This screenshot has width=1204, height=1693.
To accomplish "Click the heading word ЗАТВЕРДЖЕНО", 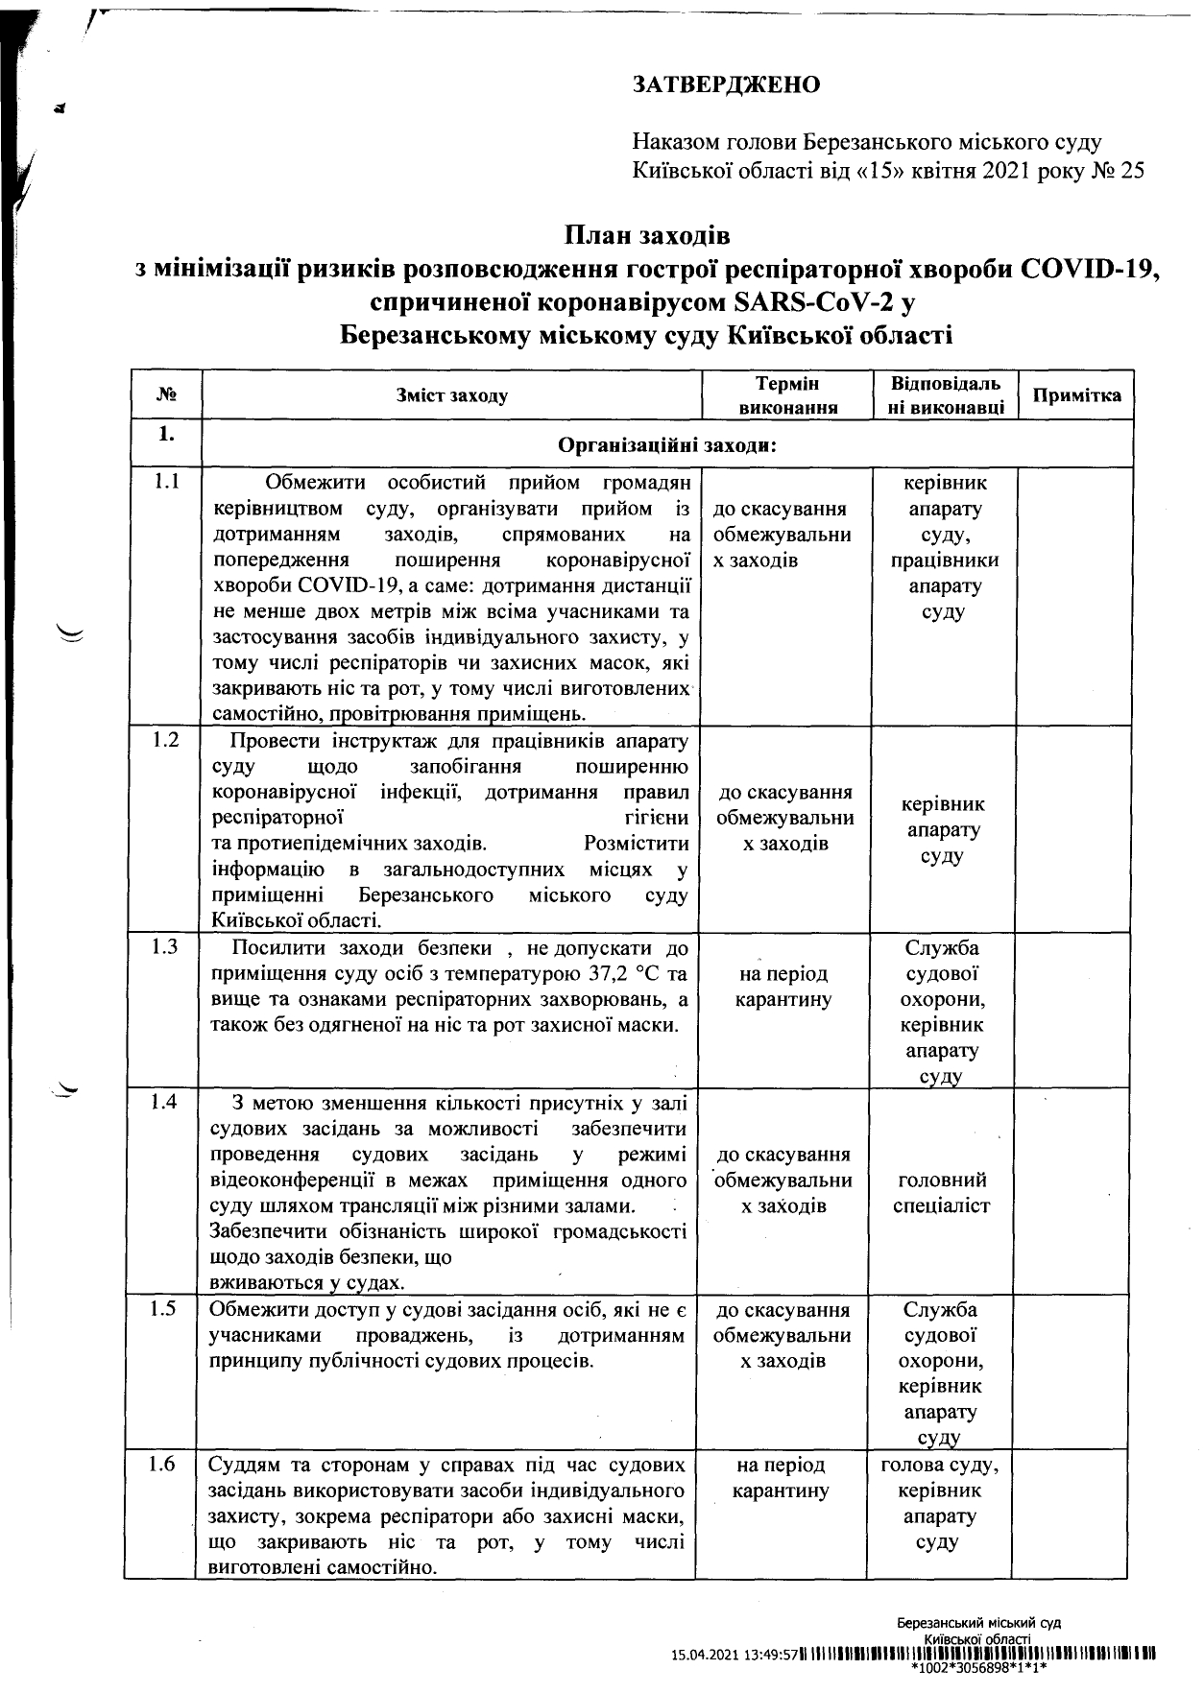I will [726, 85].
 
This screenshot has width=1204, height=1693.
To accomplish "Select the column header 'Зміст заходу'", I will [451, 395].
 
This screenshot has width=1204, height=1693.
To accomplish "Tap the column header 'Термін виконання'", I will [786, 395].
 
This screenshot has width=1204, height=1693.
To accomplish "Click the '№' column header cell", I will [165, 395].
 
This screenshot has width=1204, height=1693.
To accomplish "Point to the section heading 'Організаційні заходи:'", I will [666, 445].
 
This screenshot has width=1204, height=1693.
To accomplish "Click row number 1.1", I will [166, 482].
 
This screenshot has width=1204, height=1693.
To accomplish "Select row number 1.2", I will [166, 741].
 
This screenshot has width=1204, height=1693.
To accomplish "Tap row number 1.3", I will [165, 947].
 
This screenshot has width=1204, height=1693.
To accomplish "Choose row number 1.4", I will [165, 1102].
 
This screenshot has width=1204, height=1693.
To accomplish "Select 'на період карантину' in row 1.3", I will [783, 987].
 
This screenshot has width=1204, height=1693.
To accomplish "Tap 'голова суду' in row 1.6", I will [938, 1466].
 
